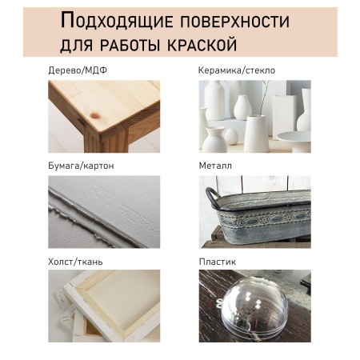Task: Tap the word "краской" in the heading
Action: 202,45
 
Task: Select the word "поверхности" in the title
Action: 235,22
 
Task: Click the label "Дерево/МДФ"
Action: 78,70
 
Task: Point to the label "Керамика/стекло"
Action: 237,70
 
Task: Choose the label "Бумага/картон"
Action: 81,166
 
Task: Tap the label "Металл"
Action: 215,166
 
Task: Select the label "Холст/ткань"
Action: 75,262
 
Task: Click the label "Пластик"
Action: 218,262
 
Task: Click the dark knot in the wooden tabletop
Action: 95,115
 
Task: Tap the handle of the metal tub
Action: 213,198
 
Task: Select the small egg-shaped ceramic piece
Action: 231,136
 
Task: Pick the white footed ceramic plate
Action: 294,141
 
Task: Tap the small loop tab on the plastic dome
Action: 220,303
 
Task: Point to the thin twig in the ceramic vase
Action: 263,98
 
